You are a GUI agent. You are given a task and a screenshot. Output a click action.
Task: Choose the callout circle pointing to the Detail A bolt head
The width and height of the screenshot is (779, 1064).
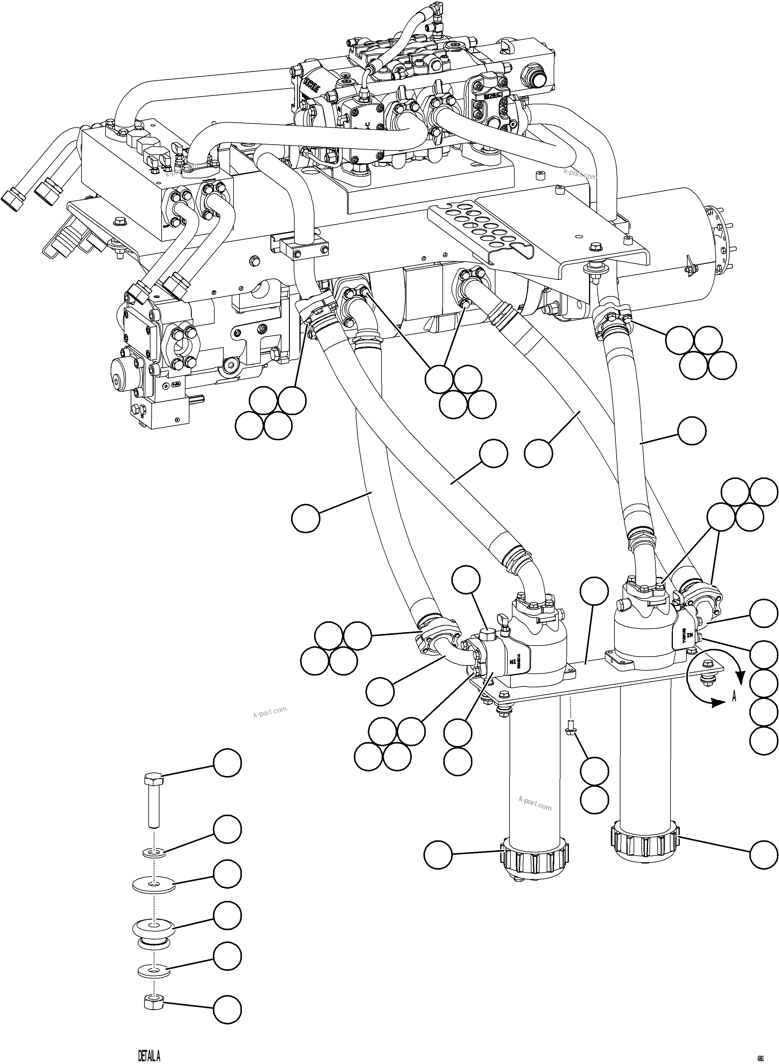227,763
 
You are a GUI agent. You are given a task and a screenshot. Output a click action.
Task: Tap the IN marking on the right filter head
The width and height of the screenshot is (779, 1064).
689,636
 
